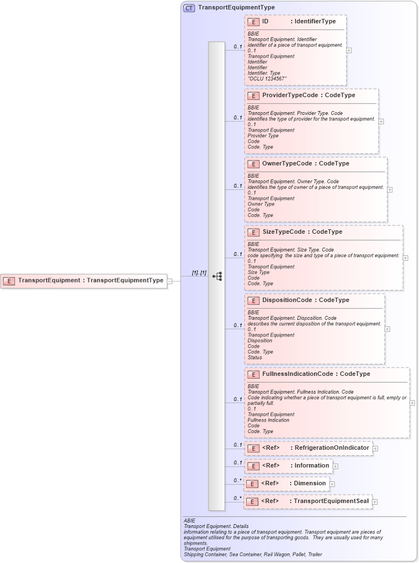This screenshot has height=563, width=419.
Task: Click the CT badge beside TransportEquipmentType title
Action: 189,8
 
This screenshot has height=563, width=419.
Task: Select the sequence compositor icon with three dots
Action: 217,276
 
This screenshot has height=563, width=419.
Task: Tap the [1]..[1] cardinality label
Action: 199,273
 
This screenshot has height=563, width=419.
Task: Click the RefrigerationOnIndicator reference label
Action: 331,448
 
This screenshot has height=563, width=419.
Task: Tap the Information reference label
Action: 312,465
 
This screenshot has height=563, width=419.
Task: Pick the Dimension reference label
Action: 310,483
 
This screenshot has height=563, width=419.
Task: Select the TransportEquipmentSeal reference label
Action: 331,501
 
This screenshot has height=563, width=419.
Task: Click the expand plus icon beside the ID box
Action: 349,50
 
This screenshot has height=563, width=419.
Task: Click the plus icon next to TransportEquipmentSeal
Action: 375,502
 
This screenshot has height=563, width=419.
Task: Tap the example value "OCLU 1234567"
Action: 267,79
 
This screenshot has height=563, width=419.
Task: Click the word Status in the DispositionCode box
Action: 255,358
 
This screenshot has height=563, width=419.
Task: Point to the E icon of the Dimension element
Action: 252,484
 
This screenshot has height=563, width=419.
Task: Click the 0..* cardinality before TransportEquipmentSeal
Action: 237,498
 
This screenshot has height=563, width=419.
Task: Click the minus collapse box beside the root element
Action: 170,281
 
